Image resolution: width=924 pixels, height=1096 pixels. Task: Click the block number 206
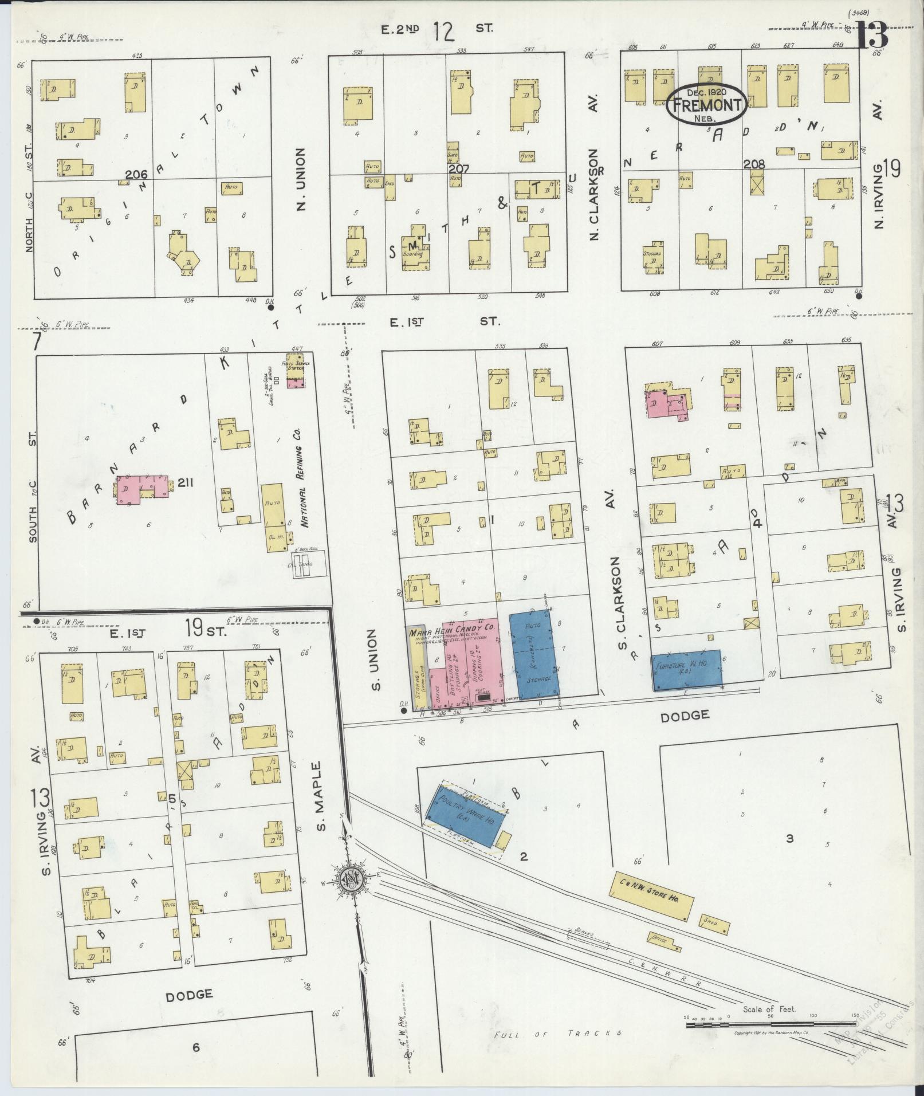pyautogui.click(x=136, y=174)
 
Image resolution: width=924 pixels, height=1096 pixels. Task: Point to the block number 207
pyautogui.click(x=459, y=170)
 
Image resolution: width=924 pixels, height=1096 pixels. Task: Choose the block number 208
pyautogui.click(x=753, y=164)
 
